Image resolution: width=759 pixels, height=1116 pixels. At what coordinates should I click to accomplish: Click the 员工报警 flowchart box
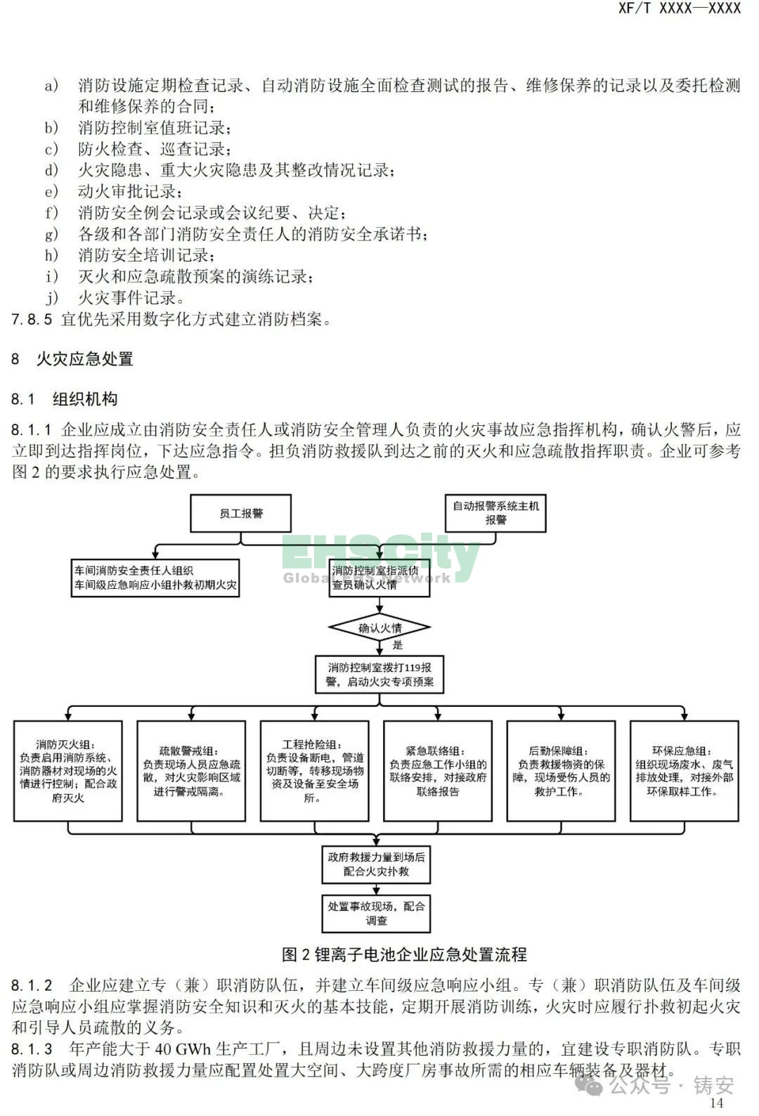point(241,513)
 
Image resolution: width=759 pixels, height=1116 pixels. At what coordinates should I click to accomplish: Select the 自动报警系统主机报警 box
point(495,513)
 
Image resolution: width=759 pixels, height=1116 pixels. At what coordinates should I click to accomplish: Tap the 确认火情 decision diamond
point(379,628)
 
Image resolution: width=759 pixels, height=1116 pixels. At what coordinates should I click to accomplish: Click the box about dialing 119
point(379,675)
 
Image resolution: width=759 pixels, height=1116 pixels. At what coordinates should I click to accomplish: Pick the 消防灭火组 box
point(67,771)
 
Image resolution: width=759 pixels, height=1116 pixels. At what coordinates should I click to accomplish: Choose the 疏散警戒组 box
point(191,771)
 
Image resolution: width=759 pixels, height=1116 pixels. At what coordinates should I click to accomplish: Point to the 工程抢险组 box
point(314,771)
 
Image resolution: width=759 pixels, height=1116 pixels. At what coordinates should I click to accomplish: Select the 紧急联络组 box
point(438,771)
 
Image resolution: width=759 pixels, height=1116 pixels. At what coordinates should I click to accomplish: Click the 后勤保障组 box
point(561,771)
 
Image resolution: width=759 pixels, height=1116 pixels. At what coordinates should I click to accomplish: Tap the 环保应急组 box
point(685,771)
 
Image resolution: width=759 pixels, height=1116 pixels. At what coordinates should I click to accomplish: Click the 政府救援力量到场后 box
point(376,864)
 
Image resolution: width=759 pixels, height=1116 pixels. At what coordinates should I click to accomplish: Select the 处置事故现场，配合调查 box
point(376,914)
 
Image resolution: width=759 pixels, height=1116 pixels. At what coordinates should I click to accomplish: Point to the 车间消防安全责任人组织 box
point(155,578)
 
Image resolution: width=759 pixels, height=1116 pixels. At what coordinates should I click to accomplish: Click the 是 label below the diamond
point(397,644)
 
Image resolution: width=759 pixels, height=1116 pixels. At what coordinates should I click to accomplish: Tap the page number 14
point(717,1103)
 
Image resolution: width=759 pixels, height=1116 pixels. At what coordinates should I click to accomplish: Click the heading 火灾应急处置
point(85,358)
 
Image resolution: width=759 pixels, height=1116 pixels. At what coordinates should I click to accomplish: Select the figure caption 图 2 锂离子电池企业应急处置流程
point(404,954)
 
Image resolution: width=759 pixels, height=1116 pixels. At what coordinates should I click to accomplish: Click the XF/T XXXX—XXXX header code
point(680,8)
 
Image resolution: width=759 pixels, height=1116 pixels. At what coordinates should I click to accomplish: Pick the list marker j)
point(52,297)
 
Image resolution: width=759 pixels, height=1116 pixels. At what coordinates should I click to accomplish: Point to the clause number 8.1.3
point(32,1049)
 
